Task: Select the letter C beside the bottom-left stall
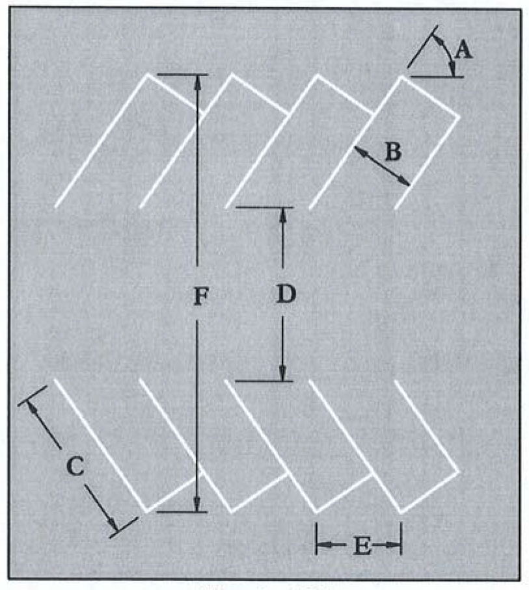coord(75,467)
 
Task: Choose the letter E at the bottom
coord(359,546)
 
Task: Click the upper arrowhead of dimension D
coord(283,214)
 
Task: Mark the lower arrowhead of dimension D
coord(283,374)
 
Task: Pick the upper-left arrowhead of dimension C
coord(33,407)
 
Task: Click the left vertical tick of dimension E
coord(316,539)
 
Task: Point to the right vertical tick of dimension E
coord(401,539)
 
